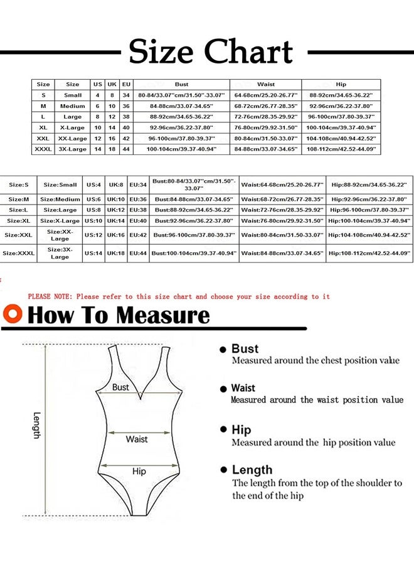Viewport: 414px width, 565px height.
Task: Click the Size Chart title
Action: [x=211, y=51]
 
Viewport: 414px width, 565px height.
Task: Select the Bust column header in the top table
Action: [x=181, y=84]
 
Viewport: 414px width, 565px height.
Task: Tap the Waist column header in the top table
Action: [x=266, y=84]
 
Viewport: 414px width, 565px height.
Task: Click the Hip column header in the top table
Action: [x=341, y=84]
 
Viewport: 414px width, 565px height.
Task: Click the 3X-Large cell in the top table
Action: [x=73, y=149]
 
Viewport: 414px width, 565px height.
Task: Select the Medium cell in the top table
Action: [x=73, y=106]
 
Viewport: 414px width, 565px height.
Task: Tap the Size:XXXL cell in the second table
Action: [x=18, y=253]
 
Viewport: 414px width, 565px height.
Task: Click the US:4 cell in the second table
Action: [x=94, y=185]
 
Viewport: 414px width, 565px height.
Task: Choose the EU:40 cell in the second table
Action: [x=138, y=221]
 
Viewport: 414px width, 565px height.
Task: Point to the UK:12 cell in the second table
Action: [x=116, y=210]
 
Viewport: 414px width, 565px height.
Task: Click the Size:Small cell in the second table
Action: [x=60, y=185]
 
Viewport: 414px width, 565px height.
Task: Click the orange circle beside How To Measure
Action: [x=13, y=314]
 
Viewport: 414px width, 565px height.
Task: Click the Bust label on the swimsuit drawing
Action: [x=120, y=387]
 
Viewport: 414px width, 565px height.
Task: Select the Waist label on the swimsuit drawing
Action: [x=136, y=439]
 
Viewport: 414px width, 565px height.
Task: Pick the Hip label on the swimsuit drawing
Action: [x=139, y=471]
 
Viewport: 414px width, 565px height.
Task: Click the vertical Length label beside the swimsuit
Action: [x=36, y=425]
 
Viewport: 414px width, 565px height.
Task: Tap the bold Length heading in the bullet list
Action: [x=252, y=470]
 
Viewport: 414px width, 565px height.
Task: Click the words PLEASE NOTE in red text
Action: [x=51, y=296]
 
